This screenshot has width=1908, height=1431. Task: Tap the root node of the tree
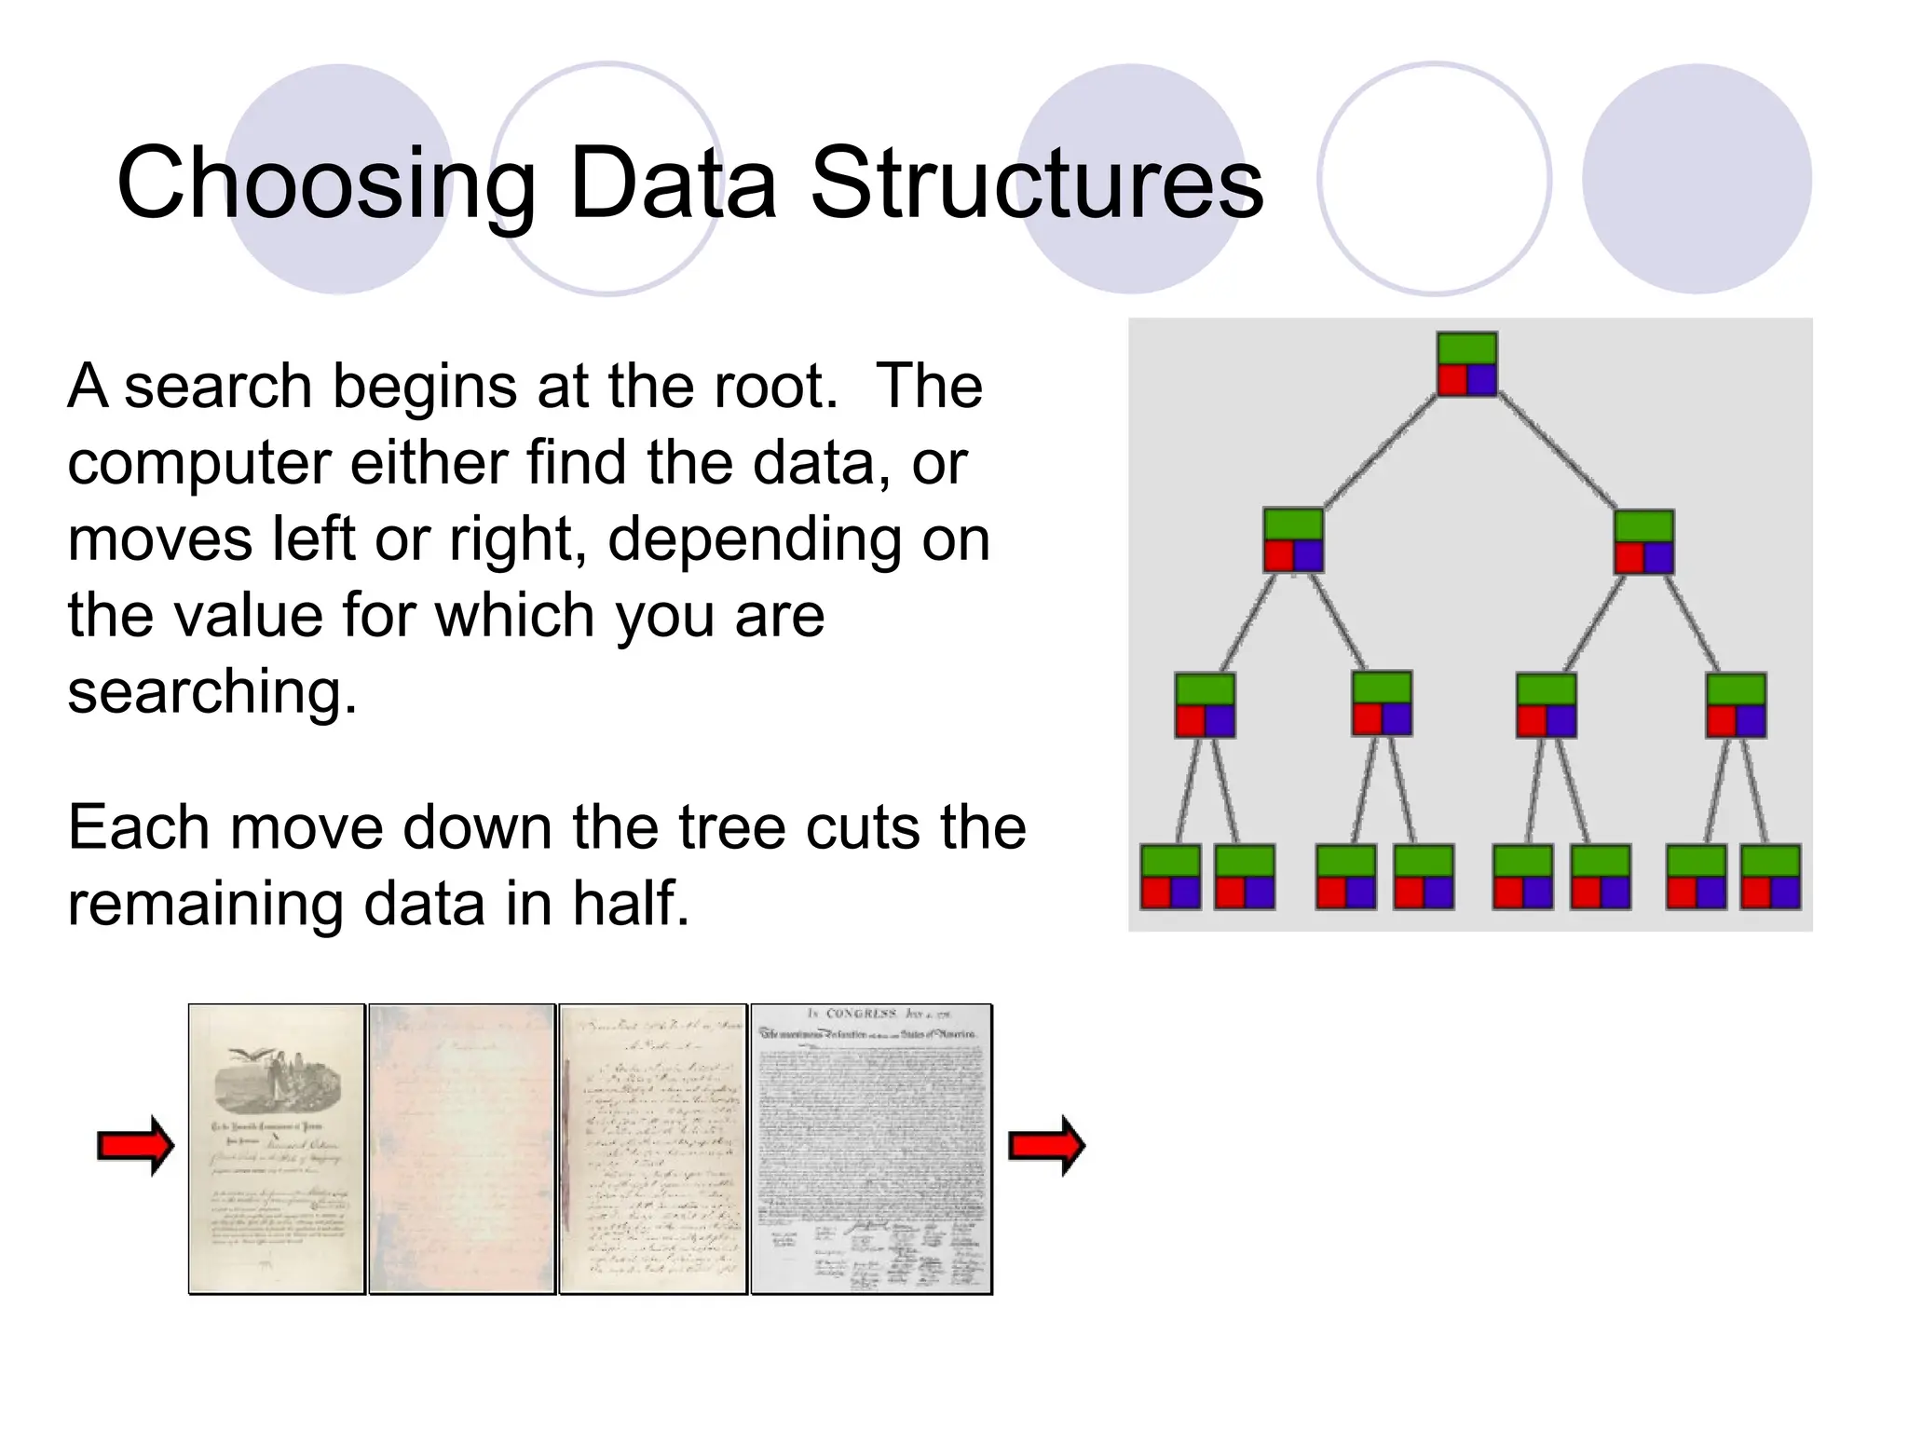coord(1466,364)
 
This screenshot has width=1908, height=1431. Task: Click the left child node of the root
coord(1293,540)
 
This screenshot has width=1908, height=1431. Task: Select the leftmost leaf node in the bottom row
coord(1170,877)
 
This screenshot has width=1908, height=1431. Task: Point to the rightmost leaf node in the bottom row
coord(1770,877)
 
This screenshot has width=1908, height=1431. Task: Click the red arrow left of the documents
coord(136,1145)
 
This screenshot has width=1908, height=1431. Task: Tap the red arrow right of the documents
coord(1047,1145)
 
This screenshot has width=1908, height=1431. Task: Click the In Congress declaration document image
coord(871,1149)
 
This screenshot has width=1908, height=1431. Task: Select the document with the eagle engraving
coord(277,1149)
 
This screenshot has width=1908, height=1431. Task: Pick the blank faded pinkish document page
coord(462,1149)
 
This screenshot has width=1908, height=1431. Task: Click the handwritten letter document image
coord(653,1149)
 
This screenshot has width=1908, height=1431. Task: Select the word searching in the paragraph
coord(212,692)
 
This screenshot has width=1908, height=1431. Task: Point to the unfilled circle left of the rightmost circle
coord(1434,179)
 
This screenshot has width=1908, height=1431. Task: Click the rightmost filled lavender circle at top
coord(1697,179)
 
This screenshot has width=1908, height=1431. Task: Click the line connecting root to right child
coord(1556,453)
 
